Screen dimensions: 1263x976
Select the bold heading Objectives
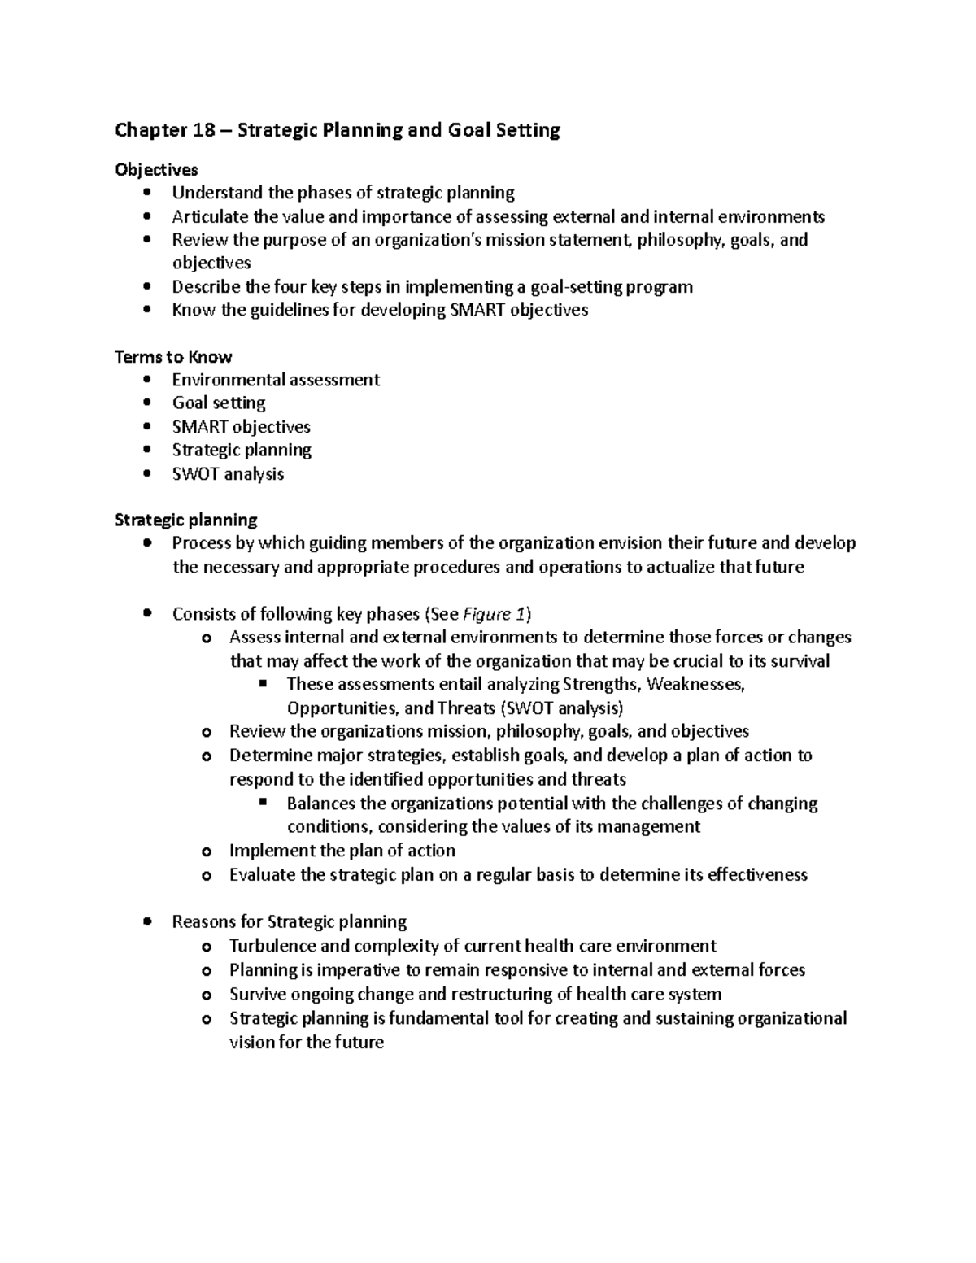(156, 170)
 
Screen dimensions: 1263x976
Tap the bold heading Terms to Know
(173, 357)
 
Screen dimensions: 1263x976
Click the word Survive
(257, 994)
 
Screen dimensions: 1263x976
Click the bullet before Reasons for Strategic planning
(146, 921)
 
